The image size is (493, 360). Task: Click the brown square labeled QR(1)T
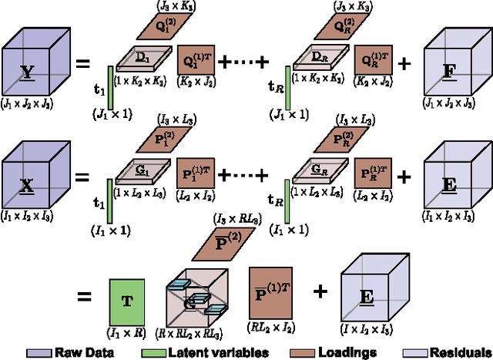pyautogui.click(x=371, y=57)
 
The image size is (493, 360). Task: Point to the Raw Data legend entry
pyautogui.click(x=77, y=351)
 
